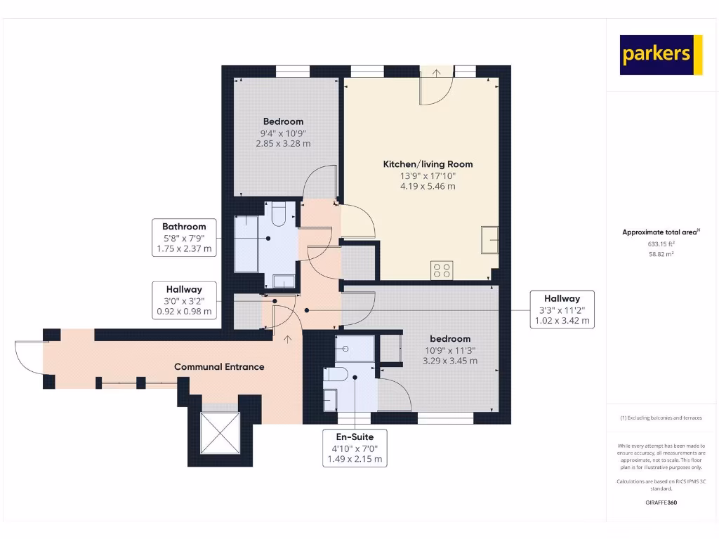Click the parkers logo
coord(661,55)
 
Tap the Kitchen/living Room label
coord(428,164)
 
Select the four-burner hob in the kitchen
coord(442,269)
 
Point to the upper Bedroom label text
coord(283,121)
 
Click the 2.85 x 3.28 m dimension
coord(283,143)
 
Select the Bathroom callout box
coord(184,238)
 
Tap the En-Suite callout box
coord(355,448)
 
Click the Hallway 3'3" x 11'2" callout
coord(561,310)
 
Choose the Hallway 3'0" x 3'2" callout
coord(184,300)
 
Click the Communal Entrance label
coord(219,366)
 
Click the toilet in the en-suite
coord(336,375)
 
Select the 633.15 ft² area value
coord(661,244)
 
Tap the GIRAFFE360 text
coord(661,503)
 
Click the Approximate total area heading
coord(661,232)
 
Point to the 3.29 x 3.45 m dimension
coord(450,361)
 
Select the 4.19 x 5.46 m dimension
coord(428,186)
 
